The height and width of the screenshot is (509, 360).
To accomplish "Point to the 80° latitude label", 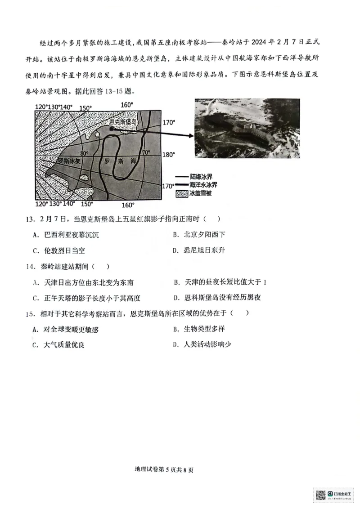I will (x=85, y=153).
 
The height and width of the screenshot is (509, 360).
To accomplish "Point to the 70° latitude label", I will (x=146, y=153).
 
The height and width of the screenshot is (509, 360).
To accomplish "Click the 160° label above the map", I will (x=127, y=105).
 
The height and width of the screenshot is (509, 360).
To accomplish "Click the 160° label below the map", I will (x=127, y=205).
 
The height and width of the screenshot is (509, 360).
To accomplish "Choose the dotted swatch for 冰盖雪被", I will (x=181, y=193).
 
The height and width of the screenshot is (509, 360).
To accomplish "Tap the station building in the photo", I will (x=245, y=130).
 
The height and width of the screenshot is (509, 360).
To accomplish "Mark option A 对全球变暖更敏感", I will (x=65, y=329).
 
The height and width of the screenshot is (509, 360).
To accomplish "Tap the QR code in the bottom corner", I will (x=320, y=495).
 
